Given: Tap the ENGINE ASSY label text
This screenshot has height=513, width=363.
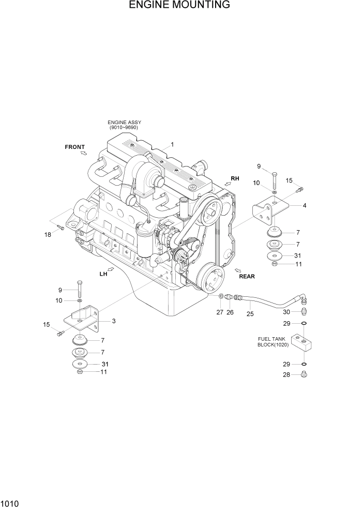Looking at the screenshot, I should [x=125, y=125].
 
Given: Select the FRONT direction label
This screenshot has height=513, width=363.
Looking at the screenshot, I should [x=74, y=147].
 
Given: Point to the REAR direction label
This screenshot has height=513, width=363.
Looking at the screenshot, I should [x=247, y=276].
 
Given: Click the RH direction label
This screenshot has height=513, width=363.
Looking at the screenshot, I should [x=235, y=178].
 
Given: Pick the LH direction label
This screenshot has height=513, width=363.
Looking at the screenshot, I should [x=103, y=274].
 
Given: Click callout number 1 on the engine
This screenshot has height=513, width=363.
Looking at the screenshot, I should [x=172, y=144].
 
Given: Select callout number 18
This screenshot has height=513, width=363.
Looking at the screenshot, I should [x=48, y=235].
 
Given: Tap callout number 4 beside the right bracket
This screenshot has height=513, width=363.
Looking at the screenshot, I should [x=305, y=205].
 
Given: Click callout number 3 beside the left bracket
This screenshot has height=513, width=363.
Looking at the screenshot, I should [x=113, y=321].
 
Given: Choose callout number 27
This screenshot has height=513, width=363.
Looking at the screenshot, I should [x=220, y=312].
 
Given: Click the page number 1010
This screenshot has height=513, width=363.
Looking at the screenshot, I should [x=9, y=502].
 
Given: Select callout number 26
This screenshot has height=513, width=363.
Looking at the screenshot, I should [x=231, y=312].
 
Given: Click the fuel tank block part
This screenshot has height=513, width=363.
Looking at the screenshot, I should [x=303, y=342].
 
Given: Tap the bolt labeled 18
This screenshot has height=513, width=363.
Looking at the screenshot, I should [x=60, y=227].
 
